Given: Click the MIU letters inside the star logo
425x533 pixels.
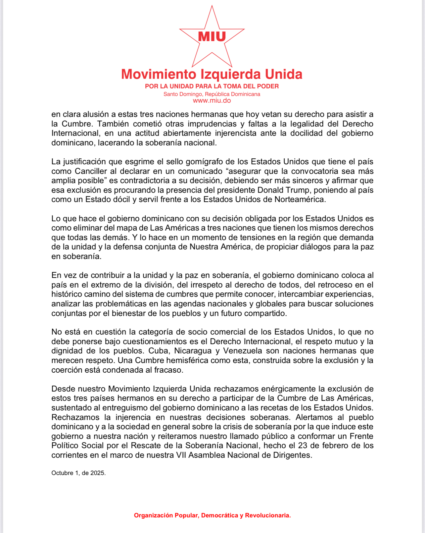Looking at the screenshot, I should pos(212,36).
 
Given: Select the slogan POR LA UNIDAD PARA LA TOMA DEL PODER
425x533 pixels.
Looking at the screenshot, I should pos(212,86).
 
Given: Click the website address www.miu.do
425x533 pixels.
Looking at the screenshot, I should pos(212,101).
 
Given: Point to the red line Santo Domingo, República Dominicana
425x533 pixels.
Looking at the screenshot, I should pos(212,94).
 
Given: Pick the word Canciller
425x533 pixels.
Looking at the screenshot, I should pos(91,171).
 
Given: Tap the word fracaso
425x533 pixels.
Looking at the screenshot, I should pos(168,370).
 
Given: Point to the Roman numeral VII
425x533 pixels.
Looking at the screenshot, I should pos(181,455).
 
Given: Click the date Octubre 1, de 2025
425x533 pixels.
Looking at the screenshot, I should pos(78,473).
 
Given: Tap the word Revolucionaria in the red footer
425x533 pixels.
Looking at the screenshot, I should pos(268,515).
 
